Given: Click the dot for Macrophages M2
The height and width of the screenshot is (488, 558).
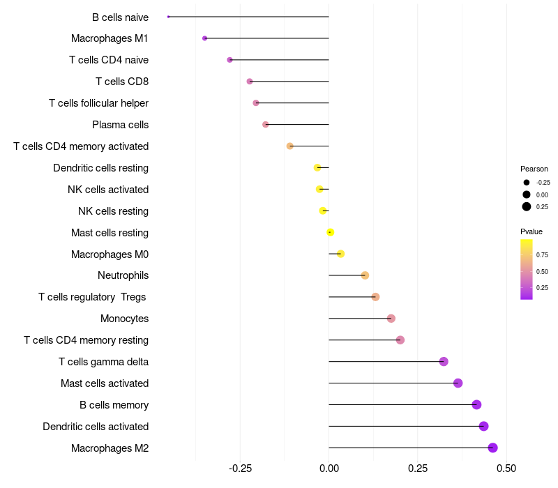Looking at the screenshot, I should (x=492, y=448).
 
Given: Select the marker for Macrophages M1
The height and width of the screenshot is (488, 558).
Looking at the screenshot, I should (x=204, y=38).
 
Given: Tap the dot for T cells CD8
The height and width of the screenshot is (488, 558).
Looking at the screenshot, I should (x=250, y=82).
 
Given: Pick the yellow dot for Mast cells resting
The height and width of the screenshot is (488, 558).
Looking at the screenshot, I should (x=331, y=232).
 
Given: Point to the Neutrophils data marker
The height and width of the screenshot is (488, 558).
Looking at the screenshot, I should (x=365, y=275).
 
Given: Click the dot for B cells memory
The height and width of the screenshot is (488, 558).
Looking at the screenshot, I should (x=476, y=404).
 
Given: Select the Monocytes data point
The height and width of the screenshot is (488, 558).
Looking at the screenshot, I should (x=391, y=319).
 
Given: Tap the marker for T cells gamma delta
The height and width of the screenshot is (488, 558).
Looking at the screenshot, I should (x=444, y=361).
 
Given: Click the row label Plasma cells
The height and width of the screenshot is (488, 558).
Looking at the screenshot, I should (x=120, y=125).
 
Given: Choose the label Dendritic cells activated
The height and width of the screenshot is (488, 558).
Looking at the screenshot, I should (x=96, y=426).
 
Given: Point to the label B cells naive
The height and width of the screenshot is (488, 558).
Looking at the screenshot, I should (x=120, y=17).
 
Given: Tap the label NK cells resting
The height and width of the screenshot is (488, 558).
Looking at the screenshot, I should (x=113, y=211).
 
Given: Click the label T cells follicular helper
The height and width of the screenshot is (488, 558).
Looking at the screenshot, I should (x=98, y=103).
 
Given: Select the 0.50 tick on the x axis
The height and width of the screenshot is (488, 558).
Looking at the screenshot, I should (x=506, y=467).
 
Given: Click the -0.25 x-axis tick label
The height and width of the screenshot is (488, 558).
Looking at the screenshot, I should (x=240, y=467).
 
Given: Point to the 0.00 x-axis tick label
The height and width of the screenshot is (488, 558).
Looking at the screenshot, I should (x=329, y=467).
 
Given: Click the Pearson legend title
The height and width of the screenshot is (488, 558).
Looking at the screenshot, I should (x=534, y=169).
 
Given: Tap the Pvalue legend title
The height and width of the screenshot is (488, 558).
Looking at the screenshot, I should (x=531, y=231).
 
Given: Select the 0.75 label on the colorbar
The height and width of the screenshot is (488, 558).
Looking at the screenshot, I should (x=542, y=255).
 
